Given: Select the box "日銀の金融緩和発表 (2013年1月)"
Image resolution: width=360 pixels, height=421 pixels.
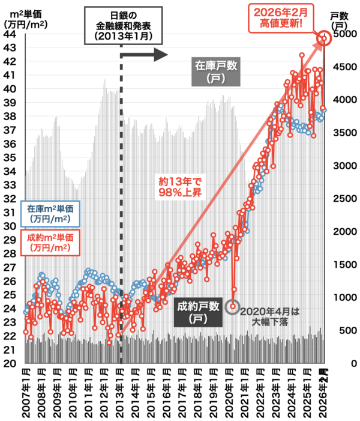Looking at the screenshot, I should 124,25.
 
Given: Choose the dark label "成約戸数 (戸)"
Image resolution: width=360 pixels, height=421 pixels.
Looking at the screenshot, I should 198,312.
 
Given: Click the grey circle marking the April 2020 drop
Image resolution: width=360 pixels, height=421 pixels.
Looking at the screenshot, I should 233,306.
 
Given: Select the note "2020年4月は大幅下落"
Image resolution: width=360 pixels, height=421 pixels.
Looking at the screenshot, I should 269,317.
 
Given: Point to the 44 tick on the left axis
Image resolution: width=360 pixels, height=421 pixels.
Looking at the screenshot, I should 10,34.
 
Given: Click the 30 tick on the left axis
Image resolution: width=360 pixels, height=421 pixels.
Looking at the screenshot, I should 10,226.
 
